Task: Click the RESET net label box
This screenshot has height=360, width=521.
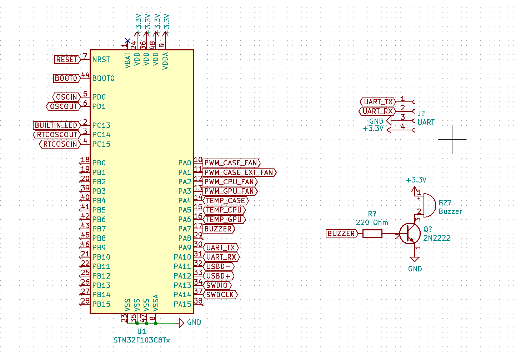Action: point(67,60)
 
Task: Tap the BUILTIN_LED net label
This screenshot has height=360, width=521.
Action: point(56,125)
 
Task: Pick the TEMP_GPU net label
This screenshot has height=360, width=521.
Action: point(224,220)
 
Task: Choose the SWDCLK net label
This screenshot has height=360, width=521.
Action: point(220,295)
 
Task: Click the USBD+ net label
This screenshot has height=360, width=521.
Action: point(218,276)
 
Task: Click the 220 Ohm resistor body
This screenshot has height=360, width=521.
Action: point(372,234)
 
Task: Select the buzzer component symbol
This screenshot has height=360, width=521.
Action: point(428,205)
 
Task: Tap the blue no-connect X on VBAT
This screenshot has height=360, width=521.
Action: point(127,41)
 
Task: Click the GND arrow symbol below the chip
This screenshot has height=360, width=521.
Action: point(181,323)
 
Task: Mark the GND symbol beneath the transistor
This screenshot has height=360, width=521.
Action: point(415,259)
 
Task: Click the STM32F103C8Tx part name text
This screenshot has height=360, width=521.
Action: point(142,340)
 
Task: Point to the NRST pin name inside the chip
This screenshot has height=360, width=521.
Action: point(101,60)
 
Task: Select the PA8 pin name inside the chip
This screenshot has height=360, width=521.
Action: point(185,238)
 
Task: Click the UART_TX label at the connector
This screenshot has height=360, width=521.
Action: point(378,102)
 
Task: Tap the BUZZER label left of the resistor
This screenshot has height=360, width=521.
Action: point(342,234)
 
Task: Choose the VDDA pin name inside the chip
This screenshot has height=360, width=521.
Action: point(165,61)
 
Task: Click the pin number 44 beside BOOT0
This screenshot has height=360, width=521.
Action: point(85,75)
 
